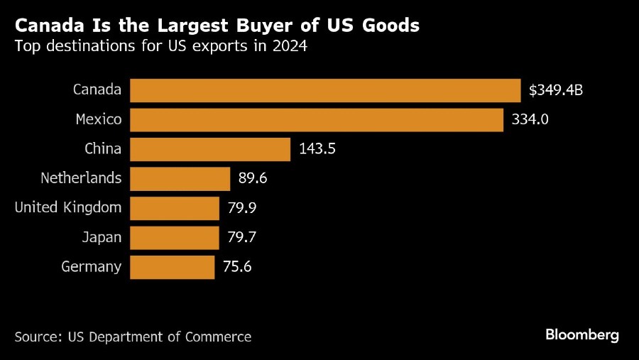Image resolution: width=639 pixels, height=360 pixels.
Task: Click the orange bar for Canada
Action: [x=326, y=90]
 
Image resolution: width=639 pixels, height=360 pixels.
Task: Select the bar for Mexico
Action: [x=317, y=120]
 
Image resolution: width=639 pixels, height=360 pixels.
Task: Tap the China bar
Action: [x=211, y=149]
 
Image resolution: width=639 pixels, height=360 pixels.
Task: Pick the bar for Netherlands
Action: [x=180, y=178]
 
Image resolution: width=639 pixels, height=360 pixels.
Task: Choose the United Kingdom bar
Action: [x=175, y=208]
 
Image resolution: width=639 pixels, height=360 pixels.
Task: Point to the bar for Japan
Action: [x=175, y=237]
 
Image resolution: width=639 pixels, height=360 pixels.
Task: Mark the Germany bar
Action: [x=173, y=267]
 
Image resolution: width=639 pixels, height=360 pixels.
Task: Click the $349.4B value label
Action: [x=556, y=90]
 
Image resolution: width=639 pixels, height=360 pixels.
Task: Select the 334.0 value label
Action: [x=530, y=120]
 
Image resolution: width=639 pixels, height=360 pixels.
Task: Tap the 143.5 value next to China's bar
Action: [x=317, y=149]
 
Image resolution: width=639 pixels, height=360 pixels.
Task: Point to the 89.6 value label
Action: [x=253, y=178]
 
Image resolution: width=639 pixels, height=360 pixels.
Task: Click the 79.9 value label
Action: [x=241, y=208]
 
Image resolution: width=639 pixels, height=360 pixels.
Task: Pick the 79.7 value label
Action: [x=241, y=237]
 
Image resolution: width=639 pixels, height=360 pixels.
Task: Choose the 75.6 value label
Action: [x=237, y=267]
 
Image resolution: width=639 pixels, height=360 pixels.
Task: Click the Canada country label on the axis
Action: [x=97, y=90]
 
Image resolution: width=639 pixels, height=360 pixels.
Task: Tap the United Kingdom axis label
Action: [x=68, y=208]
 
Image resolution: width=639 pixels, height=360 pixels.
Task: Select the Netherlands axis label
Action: [x=81, y=178]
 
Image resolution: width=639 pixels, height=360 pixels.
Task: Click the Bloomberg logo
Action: [x=582, y=334]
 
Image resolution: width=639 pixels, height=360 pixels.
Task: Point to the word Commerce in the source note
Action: [x=219, y=337]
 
